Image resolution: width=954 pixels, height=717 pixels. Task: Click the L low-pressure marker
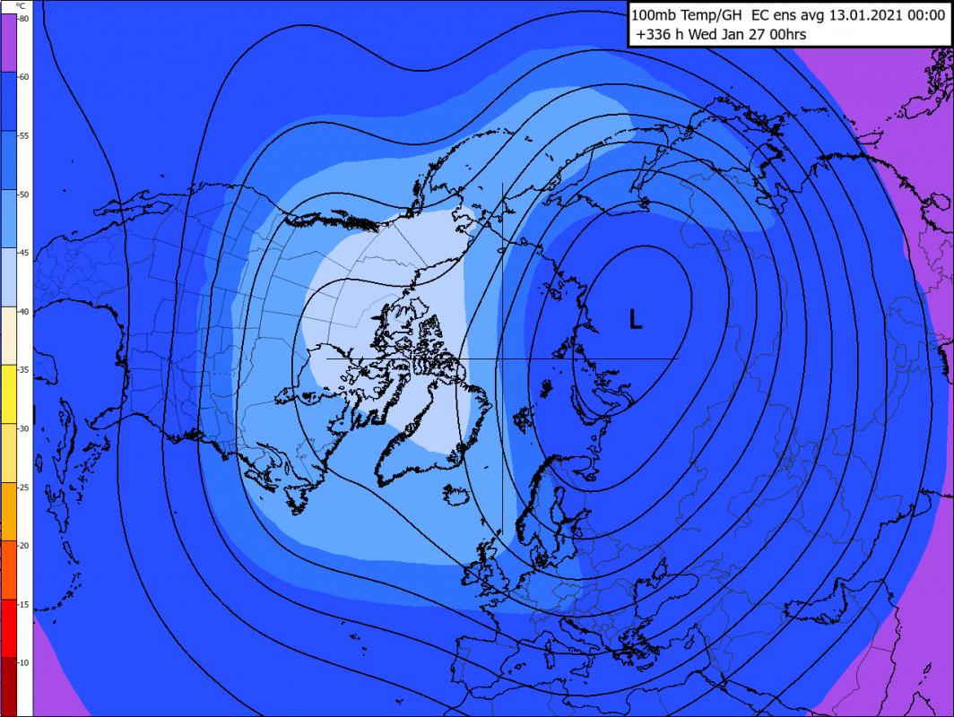tap(636, 319)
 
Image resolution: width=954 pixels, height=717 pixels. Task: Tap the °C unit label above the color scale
tap(20, 7)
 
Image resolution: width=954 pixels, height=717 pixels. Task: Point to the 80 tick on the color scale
tap(22, 19)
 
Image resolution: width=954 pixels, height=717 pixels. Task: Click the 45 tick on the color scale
tap(22, 253)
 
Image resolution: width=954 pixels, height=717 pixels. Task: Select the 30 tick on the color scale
tap(22, 428)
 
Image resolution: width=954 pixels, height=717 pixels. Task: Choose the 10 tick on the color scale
tap(22, 662)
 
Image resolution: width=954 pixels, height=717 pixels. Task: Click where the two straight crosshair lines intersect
tap(502, 358)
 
